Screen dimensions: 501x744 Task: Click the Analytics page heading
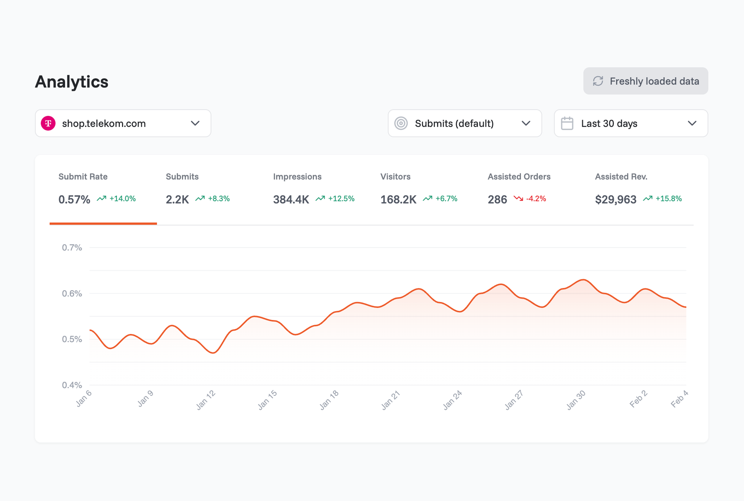click(x=72, y=82)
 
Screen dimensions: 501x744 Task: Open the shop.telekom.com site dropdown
click(x=123, y=123)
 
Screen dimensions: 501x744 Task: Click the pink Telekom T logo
click(x=48, y=123)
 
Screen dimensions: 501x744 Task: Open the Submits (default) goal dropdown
click(x=464, y=123)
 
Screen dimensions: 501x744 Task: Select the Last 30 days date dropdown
click(x=630, y=123)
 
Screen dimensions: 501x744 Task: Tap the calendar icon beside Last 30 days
click(x=567, y=123)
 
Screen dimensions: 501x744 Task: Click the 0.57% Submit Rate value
click(x=74, y=199)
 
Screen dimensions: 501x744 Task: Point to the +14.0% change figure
click(x=122, y=199)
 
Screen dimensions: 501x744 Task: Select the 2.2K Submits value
click(x=177, y=199)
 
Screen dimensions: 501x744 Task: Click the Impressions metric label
click(x=297, y=177)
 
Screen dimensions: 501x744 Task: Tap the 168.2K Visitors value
click(x=398, y=199)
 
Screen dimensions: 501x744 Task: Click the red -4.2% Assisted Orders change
click(x=536, y=199)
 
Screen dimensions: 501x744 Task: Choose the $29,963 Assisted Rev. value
click(x=615, y=199)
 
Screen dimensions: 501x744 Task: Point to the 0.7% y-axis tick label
click(x=72, y=248)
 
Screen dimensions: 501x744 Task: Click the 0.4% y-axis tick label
click(x=72, y=385)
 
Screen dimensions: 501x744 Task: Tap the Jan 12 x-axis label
click(x=205, y=400)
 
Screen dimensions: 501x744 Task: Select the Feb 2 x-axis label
click(x=638, y=399)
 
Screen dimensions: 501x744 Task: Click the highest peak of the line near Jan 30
click(x=583, y=280)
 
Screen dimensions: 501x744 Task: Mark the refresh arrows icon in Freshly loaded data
click(x=598, y=81)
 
